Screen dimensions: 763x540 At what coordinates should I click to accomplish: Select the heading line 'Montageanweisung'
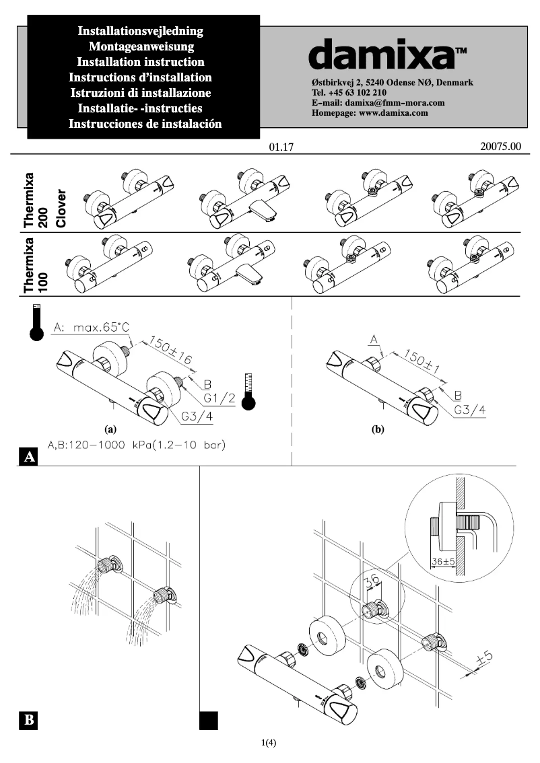pyautogui.click(x=141, y=46)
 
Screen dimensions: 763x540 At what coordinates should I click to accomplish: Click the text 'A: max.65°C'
pyautogui.click(x=90, y=327)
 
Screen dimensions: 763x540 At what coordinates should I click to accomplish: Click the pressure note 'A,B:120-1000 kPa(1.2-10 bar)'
pyautogui.click(x=137, y=445)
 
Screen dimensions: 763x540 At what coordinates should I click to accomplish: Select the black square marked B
pyautogui.click(x=29, y=720)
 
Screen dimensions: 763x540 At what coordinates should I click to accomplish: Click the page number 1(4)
pyautogui.click(x=269, y=743)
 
